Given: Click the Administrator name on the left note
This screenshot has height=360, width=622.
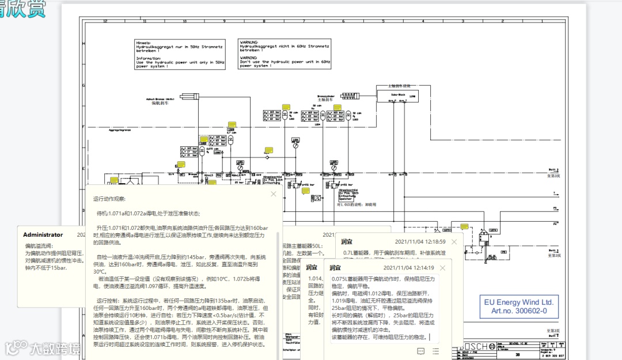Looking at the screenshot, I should [43, 234].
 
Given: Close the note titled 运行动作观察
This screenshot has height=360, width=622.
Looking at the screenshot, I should [274, 194].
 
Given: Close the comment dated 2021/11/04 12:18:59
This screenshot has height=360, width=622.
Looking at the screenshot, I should [454, 242].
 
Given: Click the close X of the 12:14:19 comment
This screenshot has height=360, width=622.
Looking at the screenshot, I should [442, 268].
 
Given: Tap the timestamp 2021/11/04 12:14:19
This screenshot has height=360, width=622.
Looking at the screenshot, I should [408, 268].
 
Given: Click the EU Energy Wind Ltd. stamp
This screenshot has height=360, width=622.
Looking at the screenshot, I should [519, 306].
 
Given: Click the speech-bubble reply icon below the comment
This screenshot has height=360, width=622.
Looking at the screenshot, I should [421, 351].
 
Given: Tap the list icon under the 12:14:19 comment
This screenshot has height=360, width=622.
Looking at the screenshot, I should [435, 351].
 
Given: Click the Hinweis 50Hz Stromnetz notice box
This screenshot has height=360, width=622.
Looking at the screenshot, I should [179, 54].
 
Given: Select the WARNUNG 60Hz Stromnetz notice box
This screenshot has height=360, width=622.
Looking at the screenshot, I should [285, 54].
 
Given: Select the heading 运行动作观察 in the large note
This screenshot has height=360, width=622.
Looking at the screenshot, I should [109, 199].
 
